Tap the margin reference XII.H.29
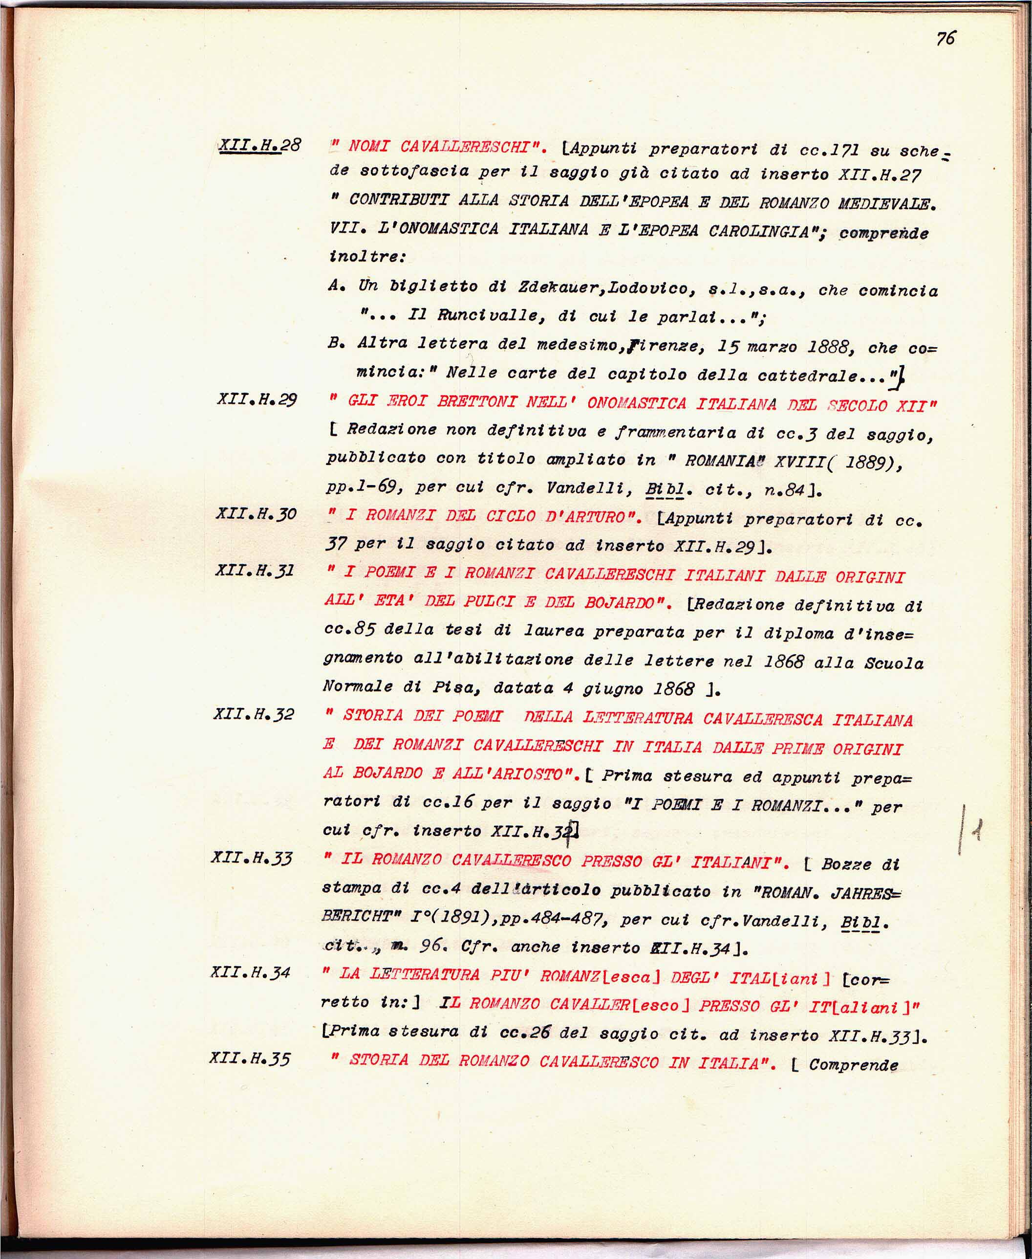coord(257,399)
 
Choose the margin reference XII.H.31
coord(255,571)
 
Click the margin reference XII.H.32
coord(254,714)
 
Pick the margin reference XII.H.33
coord(252,858)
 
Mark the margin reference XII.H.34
coord(250,972)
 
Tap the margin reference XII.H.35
coord(250,1059)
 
